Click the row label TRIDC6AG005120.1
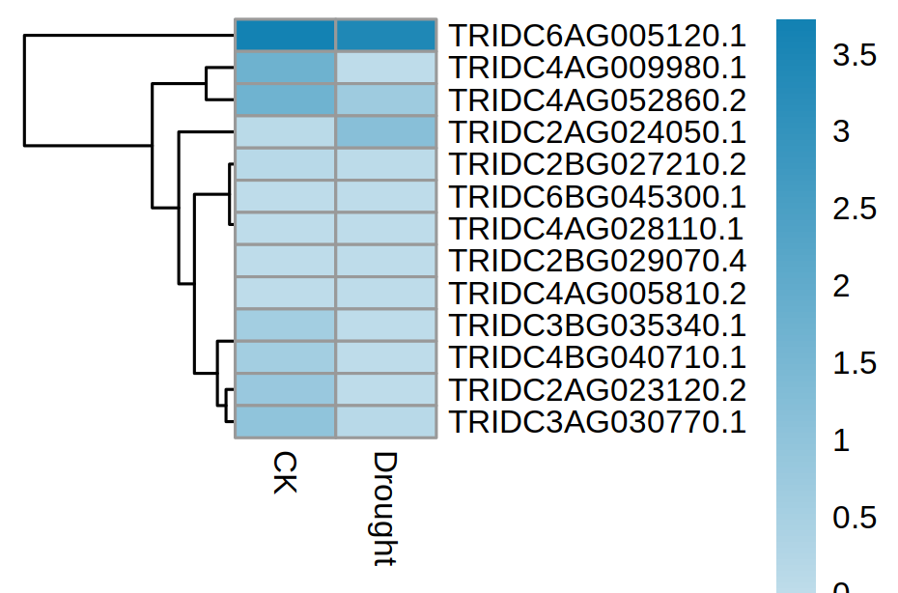[598, 36]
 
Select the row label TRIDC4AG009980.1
[598, 68]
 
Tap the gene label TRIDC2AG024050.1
[598, 132]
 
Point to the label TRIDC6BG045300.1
[598, 197]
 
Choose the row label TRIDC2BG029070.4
[598, 261]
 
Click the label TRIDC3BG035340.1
[598, 325]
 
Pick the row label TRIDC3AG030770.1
[598, 422]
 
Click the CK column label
[284, 471]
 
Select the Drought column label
[385, 507]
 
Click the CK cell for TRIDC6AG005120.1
[286, 35]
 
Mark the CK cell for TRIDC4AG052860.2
[286, 99]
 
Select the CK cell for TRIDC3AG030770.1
[286, 422]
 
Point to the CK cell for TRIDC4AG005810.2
[286, 293]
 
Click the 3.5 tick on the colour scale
[855, 55]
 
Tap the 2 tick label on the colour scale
[842, 287]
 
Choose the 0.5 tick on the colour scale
[855, 518]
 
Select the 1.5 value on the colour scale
[855, 363]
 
